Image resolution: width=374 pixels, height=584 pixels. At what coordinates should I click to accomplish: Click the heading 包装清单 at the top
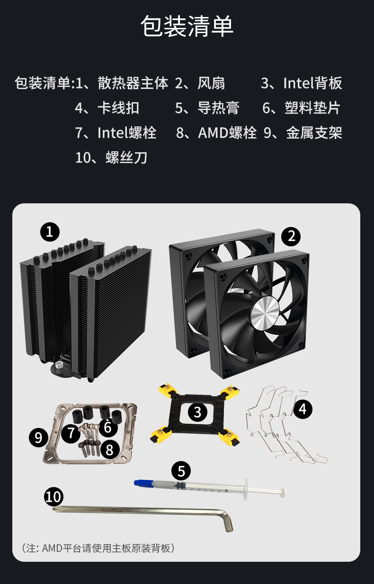tap(187, 26)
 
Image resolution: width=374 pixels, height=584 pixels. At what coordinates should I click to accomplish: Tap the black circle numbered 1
tap(50, 232)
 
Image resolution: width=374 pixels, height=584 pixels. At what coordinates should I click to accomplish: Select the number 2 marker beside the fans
tap(291, 236)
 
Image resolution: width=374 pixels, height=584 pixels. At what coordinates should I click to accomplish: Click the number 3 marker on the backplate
tap(197, 412)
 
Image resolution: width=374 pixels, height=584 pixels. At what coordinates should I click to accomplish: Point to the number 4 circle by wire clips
tap(303, 409)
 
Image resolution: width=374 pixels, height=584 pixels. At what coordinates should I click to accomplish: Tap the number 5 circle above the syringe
tap(181, 471)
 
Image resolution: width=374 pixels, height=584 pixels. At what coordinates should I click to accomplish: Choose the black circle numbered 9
tap(38, 437)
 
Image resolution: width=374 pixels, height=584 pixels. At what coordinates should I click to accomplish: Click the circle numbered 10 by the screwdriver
tap(53, 497)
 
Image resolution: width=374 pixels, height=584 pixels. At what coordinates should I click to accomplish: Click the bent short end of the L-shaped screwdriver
tap(227, 521)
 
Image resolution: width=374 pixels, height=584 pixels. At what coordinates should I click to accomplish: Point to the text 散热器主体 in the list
tap(133, 83)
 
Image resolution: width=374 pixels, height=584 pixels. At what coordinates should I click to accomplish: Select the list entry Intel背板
tap(312, 83)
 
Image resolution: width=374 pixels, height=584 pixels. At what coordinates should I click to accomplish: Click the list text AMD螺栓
tap(227, 133)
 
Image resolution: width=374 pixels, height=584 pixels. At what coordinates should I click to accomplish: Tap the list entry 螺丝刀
tap(126, 157)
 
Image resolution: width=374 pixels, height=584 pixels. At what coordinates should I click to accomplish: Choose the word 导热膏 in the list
tap(218, 108)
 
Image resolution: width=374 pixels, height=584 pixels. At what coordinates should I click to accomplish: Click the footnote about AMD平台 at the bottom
tap(98, 548)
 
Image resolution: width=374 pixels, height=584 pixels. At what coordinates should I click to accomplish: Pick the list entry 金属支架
tap(314, 133)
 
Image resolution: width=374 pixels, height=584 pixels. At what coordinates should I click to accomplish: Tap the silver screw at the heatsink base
tap(59, 365)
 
